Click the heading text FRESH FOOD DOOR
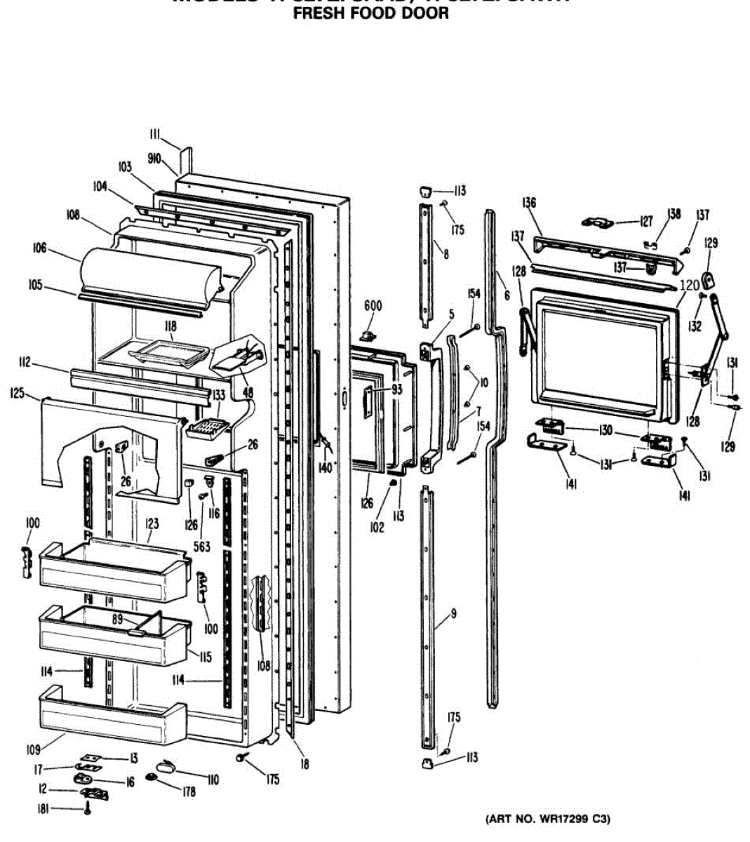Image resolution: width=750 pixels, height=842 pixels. tap(370, 13)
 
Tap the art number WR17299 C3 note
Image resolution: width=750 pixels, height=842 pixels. tap(549, 819)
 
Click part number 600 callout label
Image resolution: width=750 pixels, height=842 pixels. tap(373, 305)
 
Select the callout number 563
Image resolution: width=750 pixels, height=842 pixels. tap(201, 547)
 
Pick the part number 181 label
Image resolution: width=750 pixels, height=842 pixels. tap(43, 809)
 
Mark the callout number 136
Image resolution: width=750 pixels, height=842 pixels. tap(529, 203)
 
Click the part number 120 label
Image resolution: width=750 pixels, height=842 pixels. tap(690, 285)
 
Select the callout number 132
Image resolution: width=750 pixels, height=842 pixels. tap(695, 326)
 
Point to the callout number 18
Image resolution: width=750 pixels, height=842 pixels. tap(304, 764)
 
